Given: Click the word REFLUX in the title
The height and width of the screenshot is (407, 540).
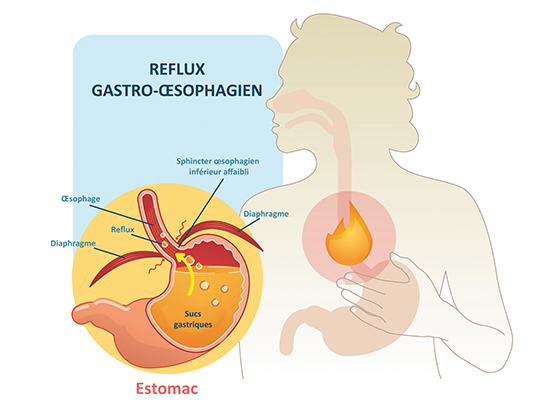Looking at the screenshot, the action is click(x=177, y=69).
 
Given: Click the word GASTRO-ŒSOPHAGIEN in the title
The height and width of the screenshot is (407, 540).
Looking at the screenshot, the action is click(x=177, y=90).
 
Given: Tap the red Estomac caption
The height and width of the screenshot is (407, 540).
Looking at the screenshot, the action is click(x=167, y=388).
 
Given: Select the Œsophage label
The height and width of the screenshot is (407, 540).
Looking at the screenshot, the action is click(x=81, y=199).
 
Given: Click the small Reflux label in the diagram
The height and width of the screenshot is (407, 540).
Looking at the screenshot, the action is click(x=123, y=229).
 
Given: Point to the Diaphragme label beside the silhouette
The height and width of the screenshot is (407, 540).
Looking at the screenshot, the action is click(x=266, y=214).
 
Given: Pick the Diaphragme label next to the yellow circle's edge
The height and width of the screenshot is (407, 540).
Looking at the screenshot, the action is click(x=73, y=243).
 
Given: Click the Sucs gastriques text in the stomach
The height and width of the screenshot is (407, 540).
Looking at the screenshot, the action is click(x=193, y=319).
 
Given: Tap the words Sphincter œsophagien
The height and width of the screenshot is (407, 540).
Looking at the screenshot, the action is click(x=218, y=161).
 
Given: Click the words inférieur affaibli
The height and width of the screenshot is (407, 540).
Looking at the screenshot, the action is click(x=219, y=171).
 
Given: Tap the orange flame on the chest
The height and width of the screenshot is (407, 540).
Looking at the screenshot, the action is click(x=349, y=236).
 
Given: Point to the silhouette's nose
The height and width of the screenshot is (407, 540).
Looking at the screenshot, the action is click(x=270, y=104).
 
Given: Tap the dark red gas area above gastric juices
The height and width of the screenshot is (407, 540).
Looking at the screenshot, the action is click(x=214, y=255).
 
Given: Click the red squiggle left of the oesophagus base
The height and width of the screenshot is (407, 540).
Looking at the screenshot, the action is click(x=154, y=267).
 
